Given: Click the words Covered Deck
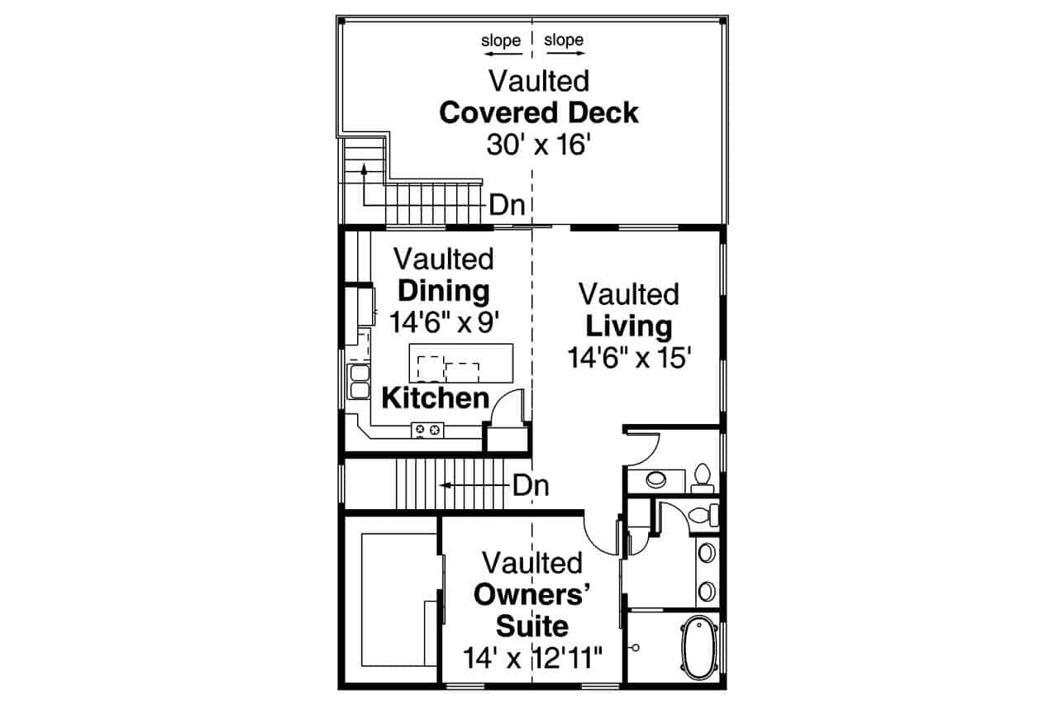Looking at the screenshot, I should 538,112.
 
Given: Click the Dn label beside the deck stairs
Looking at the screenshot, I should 508,204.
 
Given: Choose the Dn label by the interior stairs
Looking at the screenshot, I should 530,485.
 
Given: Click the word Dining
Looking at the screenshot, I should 444,291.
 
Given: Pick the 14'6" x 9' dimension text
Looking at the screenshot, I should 444,322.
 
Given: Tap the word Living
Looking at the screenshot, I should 629,326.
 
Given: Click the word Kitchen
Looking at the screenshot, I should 436,398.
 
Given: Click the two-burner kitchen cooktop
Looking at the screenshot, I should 427,429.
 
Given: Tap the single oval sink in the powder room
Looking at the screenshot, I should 658,479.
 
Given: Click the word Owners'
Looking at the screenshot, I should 532,595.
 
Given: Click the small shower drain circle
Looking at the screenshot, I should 636,648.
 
